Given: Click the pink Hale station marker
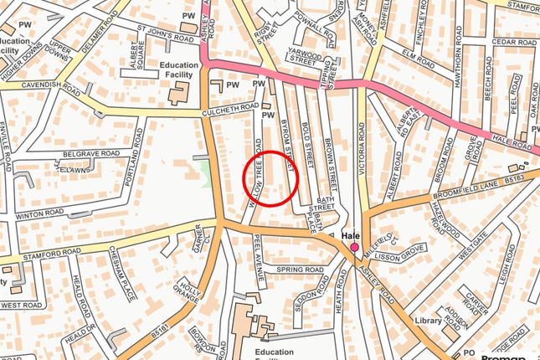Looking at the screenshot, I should [x=354, y=248].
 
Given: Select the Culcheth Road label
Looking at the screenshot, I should [x=230, y=108].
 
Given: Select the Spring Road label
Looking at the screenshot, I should [x=300, y=270].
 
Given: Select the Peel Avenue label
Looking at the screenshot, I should [x=260, y=258].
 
